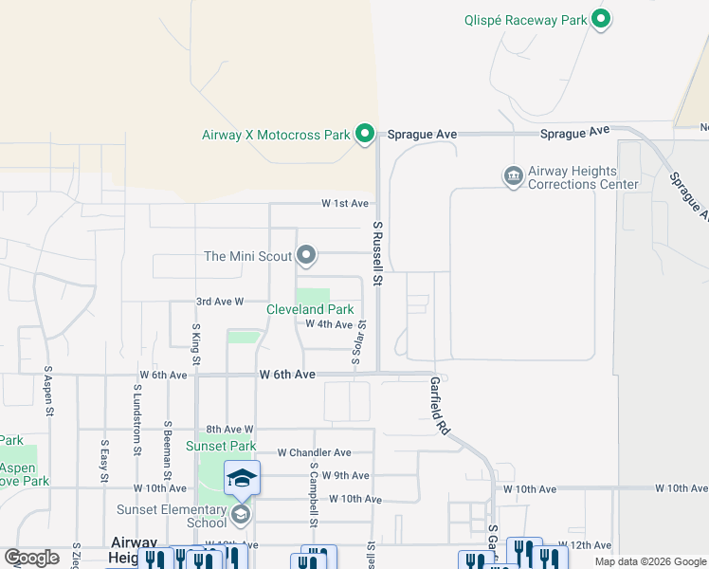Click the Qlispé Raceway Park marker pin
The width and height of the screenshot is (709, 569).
[600, 19]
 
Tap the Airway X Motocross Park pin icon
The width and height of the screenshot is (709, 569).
[364, 135]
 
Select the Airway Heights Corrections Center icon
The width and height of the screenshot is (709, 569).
[513, 176]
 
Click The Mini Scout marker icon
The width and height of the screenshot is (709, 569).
[306, 255]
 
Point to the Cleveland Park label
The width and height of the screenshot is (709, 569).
[310, 310]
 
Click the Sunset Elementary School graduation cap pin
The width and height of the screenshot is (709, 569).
[242, 479]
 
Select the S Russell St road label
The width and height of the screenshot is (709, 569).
[377, 253]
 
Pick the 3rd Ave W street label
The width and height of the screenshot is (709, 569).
[220, 302]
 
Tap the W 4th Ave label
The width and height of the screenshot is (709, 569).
[328, 324]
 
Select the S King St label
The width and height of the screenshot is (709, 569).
[196, 342]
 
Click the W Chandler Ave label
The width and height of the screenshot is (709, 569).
[315, 453]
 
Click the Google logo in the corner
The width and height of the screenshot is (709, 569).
[31, 558]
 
